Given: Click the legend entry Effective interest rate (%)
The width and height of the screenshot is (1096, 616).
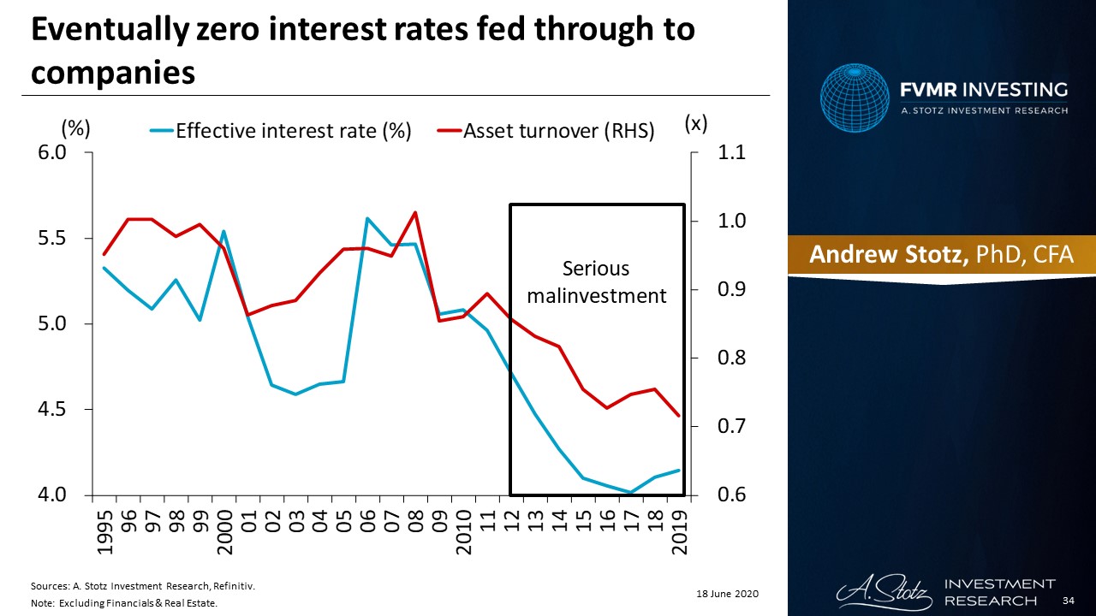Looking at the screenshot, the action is (x=280, y=131).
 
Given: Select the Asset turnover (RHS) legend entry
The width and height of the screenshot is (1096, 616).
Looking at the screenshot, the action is (x=545, y=131).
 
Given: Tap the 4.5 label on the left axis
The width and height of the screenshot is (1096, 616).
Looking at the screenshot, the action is (x=52, y=409).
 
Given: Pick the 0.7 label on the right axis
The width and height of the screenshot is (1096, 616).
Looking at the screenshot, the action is (x=731, y=426).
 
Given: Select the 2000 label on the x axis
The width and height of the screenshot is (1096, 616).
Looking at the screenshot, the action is (x=224, y=532).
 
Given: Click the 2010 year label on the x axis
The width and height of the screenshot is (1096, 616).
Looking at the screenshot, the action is (x=464, y=532).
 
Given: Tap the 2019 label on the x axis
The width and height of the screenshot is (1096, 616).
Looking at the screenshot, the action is (x=680, y=532).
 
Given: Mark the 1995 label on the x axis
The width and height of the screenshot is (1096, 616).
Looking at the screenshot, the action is (x=104, y=532).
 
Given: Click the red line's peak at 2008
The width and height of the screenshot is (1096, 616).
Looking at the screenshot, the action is (x=415, y=212).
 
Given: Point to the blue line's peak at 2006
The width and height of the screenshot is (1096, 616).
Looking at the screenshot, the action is (x=367, y=218).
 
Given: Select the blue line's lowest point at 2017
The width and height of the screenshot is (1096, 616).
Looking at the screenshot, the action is (x=631, y=492).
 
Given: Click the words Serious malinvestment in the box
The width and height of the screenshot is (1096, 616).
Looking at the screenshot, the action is (x=597, y=282).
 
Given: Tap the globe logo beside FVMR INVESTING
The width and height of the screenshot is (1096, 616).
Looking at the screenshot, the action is (x=855, y=98).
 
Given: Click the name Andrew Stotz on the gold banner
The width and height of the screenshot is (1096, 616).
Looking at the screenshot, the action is (x=889, y=254).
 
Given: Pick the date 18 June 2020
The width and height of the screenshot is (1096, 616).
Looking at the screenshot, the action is (x=727, y=594).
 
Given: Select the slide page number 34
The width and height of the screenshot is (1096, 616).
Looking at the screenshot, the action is (x=1069, y=601).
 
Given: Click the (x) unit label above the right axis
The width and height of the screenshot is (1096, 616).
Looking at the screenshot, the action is (x=696, y=124).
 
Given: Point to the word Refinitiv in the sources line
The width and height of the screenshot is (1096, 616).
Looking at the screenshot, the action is (x=234, y=586).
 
